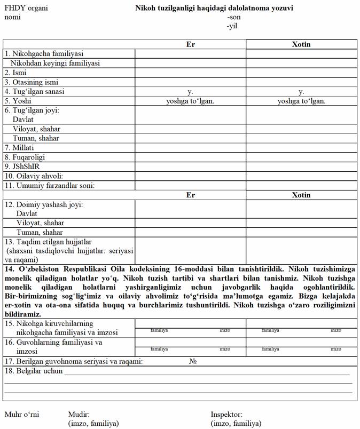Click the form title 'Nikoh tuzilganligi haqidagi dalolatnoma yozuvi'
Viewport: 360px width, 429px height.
coord(214,9)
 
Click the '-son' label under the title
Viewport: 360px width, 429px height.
coord(233,17)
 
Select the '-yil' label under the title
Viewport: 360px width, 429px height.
coord(232,26)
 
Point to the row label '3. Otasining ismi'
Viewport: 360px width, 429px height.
coord(32,82)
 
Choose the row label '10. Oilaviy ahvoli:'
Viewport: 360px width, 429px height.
coord(34,176)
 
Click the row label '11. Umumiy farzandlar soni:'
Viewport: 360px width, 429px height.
coord(50,186)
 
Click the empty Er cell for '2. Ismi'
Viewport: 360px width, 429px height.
coord(190,73)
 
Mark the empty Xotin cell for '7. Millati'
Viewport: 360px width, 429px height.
coord(301,147)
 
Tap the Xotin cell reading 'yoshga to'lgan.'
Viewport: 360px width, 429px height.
coord(301,101)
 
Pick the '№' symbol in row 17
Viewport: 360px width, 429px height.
coord(193,361)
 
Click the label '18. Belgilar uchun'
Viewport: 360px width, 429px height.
coord(33,371)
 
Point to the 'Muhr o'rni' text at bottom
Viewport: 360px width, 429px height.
coord(22,415)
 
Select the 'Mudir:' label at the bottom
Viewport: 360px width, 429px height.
coord(79,415)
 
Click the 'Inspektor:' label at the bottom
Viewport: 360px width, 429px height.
coord(226,415)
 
